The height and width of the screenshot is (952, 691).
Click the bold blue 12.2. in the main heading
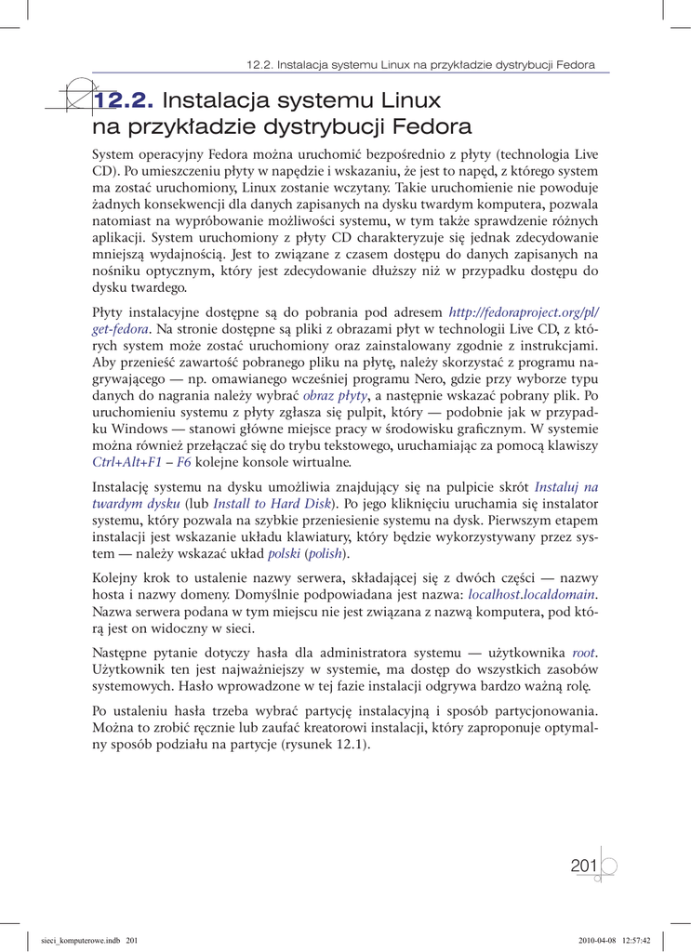(126, 99)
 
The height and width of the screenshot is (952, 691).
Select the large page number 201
(584, 866)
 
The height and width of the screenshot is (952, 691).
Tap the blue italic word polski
(284, 554)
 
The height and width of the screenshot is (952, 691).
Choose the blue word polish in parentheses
(326, 554)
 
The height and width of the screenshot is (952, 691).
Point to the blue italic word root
(584, 654)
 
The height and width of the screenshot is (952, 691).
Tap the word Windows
(140, 429)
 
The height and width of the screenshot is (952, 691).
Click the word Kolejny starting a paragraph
(116, 578)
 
